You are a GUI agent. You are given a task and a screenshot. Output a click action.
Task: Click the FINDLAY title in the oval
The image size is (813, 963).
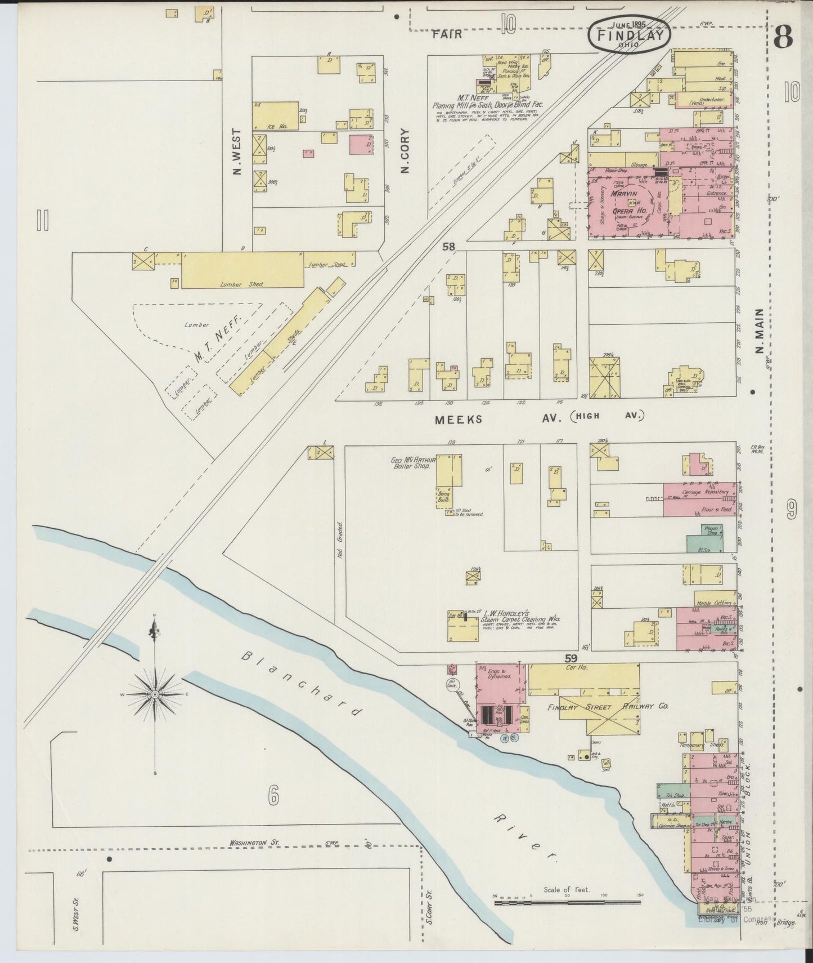coord(629,36)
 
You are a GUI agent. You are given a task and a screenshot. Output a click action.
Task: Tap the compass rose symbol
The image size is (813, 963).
coord(155,695)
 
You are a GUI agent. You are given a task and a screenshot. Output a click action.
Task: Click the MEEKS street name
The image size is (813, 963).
coord(459,419)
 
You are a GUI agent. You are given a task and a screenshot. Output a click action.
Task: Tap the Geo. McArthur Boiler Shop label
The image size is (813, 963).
coord(411,463)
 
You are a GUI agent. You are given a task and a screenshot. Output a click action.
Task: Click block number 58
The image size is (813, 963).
coord(448,246)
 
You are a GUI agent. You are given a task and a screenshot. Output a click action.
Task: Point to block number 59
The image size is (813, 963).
coord(572,657)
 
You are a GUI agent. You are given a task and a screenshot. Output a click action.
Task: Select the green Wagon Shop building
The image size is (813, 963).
coord(703,539)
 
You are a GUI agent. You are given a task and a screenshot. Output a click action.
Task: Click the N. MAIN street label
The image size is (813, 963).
coord(760,331)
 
